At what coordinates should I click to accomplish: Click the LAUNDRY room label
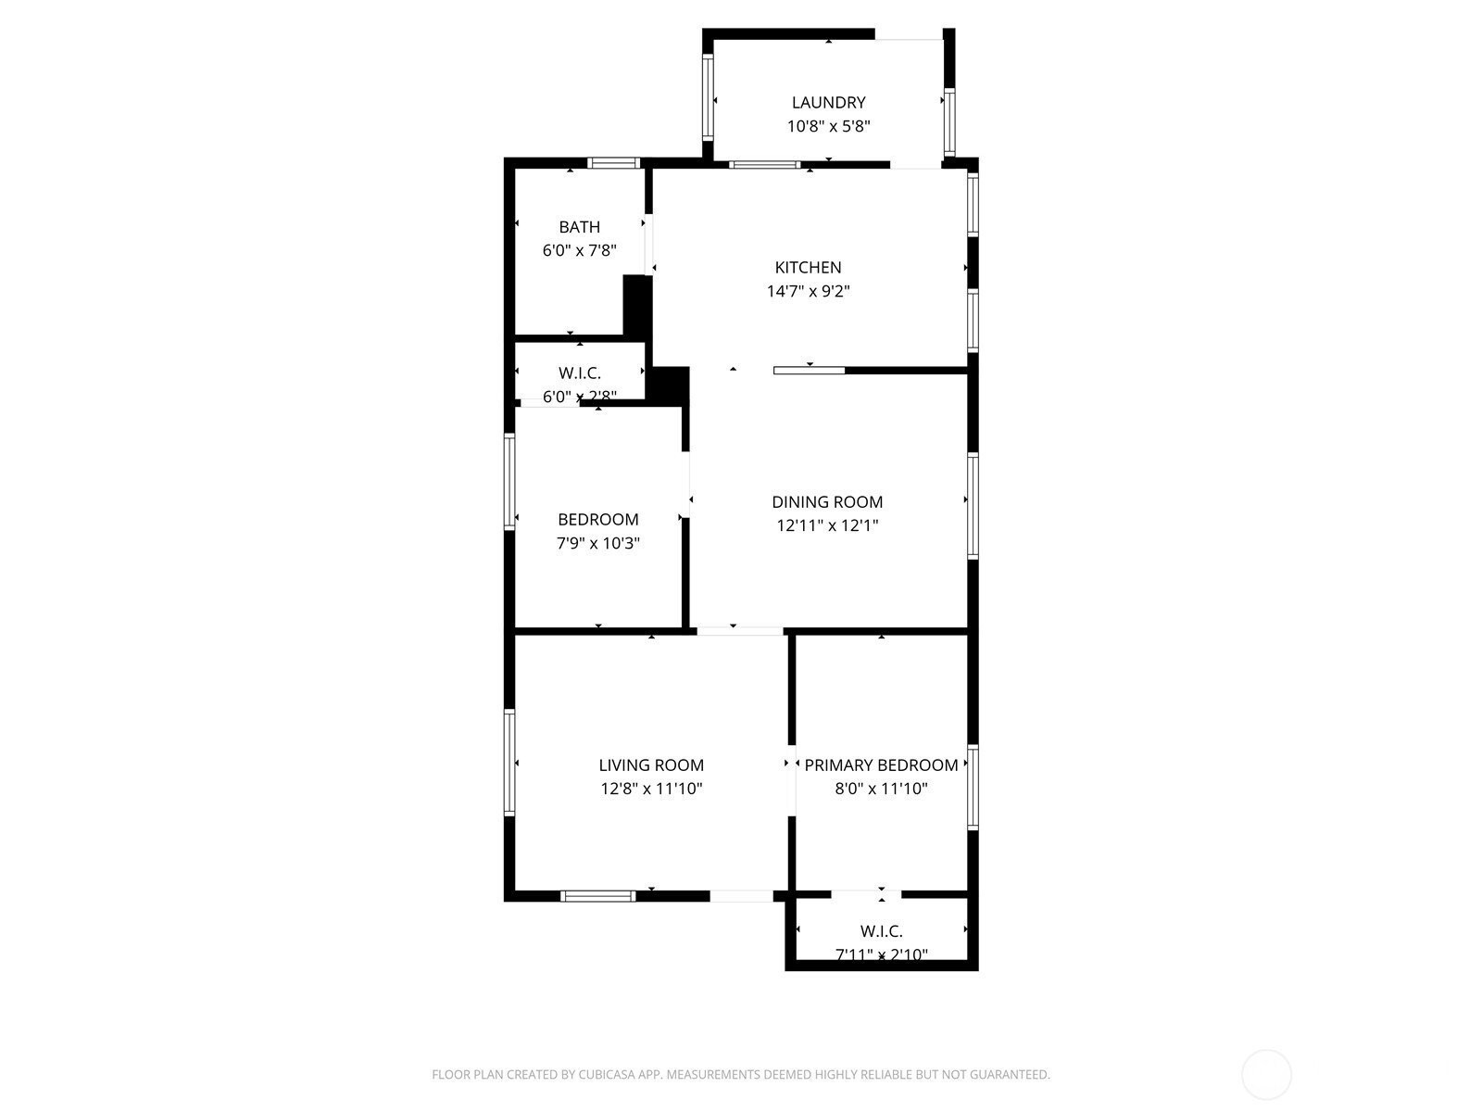[828, 103]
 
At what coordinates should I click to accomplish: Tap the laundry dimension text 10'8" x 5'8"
[828, 126]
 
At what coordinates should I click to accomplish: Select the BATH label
[579, 227]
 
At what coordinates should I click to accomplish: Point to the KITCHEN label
[809, 268]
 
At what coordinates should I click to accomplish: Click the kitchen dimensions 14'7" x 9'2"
[809, 291]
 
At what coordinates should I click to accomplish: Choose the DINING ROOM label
[827, 501]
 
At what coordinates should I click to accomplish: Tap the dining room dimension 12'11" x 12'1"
[827, 525]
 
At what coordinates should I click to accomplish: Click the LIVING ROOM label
[651, 765]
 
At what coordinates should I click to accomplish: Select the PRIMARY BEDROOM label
[881, 765]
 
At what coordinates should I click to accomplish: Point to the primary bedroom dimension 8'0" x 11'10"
[881, 789]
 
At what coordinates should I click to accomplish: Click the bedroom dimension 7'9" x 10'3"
[598, 543]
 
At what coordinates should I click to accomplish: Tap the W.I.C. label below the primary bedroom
[881, 931]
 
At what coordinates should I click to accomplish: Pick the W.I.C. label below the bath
[579, 373]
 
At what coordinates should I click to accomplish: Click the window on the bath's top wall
[613, 163]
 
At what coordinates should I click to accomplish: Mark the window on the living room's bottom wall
[598, 896]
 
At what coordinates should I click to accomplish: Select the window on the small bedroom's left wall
[509, 481]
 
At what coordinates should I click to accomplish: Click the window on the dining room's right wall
[973, 506]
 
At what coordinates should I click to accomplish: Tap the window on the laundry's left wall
[708, 96]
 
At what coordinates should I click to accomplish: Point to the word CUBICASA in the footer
[607, 1074]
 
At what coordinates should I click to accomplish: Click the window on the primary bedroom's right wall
[973, 787]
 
